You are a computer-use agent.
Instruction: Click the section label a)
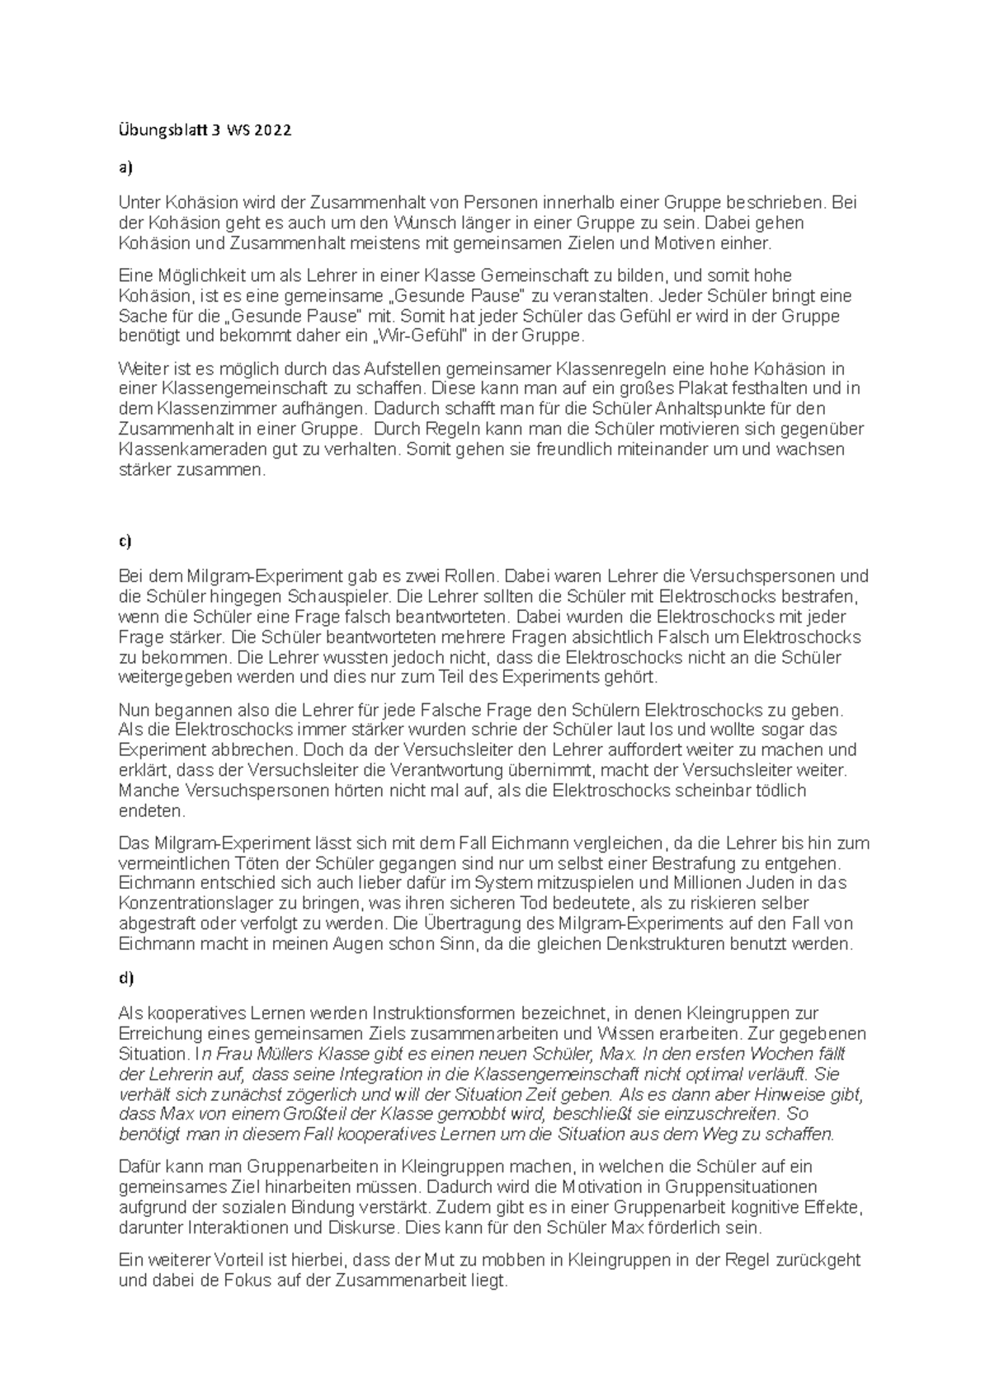[125, 168]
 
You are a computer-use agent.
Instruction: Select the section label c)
[125, 541]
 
